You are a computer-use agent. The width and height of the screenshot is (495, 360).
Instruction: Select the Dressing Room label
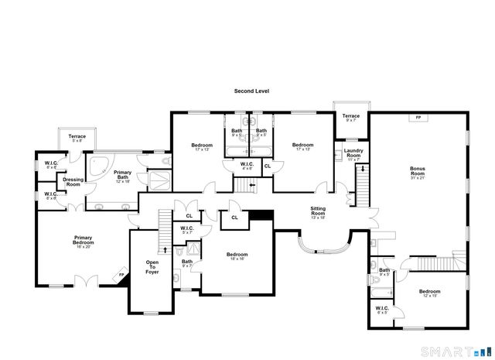[73, 182]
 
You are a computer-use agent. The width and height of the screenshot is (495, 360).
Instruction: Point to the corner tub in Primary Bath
[97, 166]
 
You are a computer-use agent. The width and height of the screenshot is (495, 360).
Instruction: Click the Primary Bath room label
[123, 175]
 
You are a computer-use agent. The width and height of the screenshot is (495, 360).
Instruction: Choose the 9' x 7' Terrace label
[351, 118]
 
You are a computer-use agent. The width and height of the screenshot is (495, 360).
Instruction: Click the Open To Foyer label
[152, 267]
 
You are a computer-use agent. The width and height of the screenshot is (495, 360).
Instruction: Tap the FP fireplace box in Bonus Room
[418, 118]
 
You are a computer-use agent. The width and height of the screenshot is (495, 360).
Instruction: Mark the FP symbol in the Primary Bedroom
[121, 275]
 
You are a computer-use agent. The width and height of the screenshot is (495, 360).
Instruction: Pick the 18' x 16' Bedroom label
[237, 257]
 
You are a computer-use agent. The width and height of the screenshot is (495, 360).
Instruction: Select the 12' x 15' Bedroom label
[429, 293]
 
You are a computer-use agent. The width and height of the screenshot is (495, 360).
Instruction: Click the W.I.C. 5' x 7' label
[186, 230]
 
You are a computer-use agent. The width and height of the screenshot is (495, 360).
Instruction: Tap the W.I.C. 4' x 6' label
[247, 166]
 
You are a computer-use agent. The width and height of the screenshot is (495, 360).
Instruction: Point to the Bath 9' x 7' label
[187, 263]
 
